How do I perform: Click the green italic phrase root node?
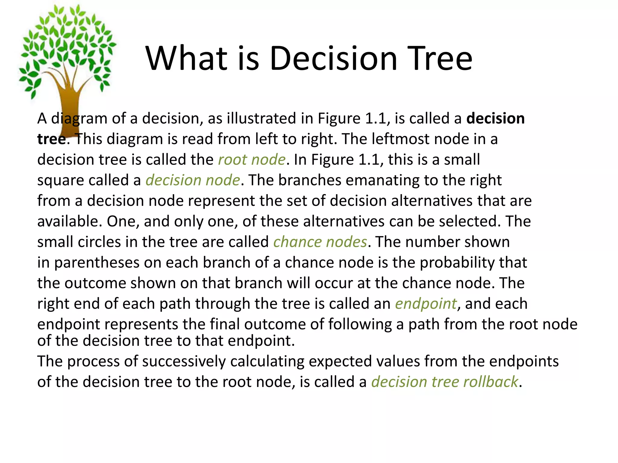point(252,159)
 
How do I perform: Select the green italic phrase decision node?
point(193,180)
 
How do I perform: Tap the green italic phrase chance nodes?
point(320,242)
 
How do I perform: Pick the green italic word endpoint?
point(426,304)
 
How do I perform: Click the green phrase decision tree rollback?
point(444,382)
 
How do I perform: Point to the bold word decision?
point(495,118)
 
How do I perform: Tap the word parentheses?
point(97,263)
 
